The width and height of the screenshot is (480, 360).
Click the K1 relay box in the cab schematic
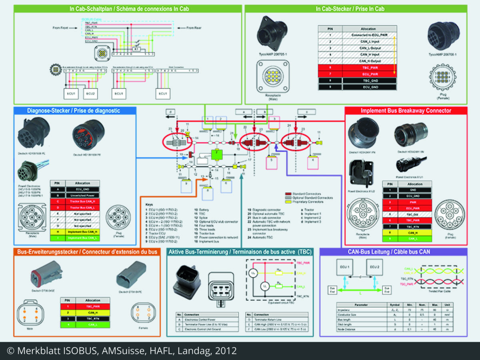click(136, 49)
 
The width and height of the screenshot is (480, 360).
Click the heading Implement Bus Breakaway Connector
click(406, 110)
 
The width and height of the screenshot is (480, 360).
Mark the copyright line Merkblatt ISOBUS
click(122, 351)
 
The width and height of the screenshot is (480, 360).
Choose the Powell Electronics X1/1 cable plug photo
click(409, 164)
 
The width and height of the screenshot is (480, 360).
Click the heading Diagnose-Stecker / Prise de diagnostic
click(74, 110)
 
